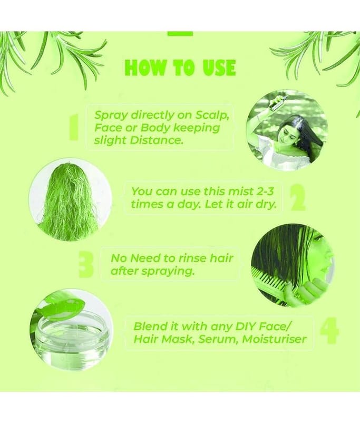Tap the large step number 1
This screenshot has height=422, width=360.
coord(73,127)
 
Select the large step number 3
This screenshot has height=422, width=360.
coord(86,264)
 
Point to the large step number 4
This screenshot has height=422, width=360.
coord(329,331)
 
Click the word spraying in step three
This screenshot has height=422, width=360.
coord(168,272)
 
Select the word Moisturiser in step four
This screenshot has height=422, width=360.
coord(274,339)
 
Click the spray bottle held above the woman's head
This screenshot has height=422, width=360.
coord(279,102)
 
